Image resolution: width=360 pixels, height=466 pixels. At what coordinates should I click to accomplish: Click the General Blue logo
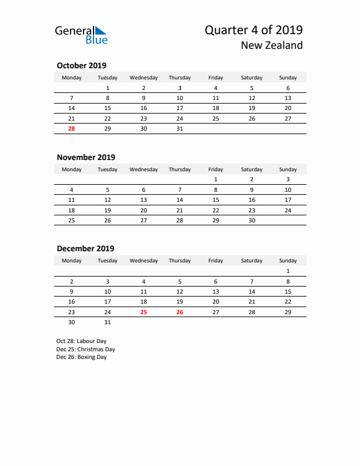click(x=81, y=35)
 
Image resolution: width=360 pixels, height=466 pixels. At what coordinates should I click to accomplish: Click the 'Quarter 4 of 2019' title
click(x=254, y=30)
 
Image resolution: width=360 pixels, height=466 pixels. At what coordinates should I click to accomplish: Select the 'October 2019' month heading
click(x=81, y=65)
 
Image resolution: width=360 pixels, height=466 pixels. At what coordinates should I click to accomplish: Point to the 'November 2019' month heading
click(x=86, y=157)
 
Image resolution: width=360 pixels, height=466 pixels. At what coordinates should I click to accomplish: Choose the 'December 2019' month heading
click(x=85, y=248)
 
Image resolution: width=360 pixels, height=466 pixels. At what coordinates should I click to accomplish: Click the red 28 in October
click(x=72, y=128)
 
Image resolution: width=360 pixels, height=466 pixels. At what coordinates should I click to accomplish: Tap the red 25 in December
click(x=144, y=312)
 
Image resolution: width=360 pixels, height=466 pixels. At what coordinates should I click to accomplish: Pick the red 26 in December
click(x=179, y=312)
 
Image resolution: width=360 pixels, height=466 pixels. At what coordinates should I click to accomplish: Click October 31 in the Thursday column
click(x=179, y=128)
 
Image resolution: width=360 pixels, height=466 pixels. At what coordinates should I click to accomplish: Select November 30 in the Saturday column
click(x=252, y=219)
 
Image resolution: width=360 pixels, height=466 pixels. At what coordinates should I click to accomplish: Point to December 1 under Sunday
click(x=288, y=271)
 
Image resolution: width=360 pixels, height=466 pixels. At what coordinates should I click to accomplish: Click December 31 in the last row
click(x=108, y=322)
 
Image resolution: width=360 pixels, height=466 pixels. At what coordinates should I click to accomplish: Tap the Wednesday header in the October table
click(x=144, y=78)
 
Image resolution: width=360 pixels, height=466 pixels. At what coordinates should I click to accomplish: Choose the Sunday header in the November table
click(x=288, y=169)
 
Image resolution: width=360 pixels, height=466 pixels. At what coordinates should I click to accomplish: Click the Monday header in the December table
click(x=72, y=261)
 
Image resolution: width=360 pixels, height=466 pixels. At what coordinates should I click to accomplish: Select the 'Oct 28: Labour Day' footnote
click(x=81, y=341)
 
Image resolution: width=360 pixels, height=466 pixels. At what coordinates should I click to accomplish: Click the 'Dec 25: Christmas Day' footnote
click(x=85, y=349)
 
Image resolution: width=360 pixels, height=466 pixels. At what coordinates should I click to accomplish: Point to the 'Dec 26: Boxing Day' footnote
click(x=81, y=357)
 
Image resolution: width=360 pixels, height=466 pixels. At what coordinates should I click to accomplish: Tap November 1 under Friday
click(x=216, y=179)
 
